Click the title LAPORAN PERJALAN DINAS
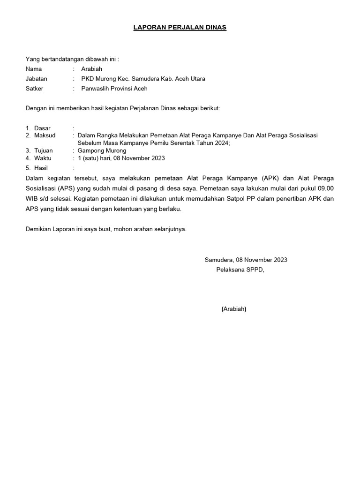coord(180,28)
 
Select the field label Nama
coord(34,69)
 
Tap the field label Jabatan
coord(37,79)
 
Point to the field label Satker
coord(34,88)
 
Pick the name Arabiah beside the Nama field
coord(91,69)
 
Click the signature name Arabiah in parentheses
coord(234,309)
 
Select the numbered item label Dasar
coord(42,128)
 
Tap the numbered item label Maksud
coord(45,135)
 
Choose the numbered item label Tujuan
coord(43,151)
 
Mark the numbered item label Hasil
coord(41,168)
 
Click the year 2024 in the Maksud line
coord(221,143)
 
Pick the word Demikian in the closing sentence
coord(38,230)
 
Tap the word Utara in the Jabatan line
coord(196,79)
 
